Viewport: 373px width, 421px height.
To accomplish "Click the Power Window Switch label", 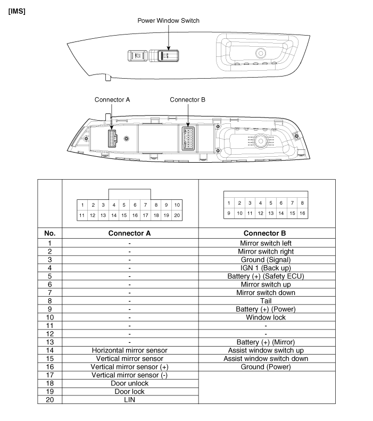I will (x=168, y=21).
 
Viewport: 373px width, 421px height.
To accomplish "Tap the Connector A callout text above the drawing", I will (x=112, y=99).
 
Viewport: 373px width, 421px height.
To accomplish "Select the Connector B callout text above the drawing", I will (x=187, y=99).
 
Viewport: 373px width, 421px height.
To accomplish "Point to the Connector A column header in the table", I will (x=130, y=233).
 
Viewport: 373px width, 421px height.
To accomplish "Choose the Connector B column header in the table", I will (x=267, y=233).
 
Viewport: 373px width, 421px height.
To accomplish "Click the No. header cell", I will (x=49, y=233).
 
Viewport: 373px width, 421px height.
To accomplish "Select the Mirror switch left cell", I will (x=267, y=242).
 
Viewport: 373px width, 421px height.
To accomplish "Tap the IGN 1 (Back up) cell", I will (x=267, y=268).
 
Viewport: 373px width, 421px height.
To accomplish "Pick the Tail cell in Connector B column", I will (x=267, y=300).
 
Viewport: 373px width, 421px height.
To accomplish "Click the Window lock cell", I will (x=267, y=317).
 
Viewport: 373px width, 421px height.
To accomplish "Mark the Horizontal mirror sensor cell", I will (x=130, y=350).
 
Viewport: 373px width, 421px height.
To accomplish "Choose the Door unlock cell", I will (x=130, y=383).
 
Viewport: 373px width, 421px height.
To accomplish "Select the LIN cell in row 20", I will (x=130, y=400).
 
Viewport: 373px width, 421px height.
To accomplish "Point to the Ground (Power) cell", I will (x=267, y=367).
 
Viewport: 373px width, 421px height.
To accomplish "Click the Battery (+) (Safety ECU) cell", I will (x=267, y=276).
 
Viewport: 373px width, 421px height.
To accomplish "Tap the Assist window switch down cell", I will (x=267, y=359).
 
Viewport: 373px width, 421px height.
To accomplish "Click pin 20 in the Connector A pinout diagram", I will (x=177, y=215).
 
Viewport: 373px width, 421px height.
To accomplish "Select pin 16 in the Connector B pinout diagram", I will (x=302, y=213).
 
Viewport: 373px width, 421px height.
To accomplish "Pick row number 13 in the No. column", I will (x=49, y=342).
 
